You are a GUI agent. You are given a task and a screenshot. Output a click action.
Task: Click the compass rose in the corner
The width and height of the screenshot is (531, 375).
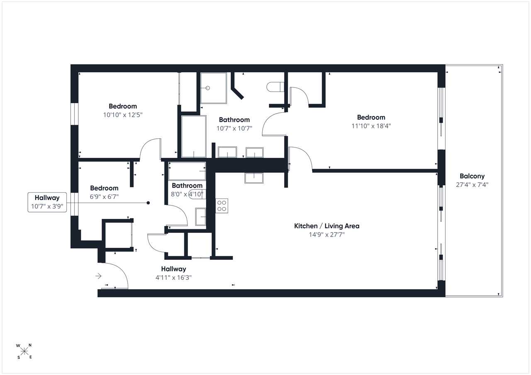pos(24,351)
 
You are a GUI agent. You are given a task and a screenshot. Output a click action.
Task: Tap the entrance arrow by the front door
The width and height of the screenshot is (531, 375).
pos(98,276)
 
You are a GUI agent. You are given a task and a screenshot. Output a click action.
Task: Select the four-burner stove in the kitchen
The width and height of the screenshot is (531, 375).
pos(222,206)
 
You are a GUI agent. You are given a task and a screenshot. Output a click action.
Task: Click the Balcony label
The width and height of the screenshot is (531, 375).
pos(472,176)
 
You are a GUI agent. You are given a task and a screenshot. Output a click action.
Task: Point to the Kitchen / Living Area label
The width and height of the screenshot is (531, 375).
pos(326,226)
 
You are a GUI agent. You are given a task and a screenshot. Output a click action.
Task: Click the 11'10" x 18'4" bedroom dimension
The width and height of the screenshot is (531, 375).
pos(371,126)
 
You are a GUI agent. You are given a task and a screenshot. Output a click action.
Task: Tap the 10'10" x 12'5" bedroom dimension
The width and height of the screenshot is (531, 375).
pos(123,115)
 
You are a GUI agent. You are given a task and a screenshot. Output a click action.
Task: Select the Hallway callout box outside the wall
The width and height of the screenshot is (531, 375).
pos(47,202)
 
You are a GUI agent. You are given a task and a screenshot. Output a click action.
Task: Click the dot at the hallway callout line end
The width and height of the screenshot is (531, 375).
pos(148,203)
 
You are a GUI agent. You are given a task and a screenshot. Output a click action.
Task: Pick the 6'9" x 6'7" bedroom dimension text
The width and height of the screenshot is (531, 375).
pos(104,197)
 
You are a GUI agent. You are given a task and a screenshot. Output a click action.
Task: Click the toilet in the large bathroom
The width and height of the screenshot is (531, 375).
pos(275,87)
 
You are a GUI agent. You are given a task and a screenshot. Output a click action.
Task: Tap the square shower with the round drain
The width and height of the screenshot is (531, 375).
pos(213,88)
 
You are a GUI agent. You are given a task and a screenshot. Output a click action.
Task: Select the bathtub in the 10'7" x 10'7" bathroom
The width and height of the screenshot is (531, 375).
pos(194,137)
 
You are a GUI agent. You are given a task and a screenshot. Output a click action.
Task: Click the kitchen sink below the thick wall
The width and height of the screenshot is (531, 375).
pos(254,178)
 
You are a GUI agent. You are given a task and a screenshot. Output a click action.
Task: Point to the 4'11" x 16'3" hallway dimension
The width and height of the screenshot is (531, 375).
pos(173,278)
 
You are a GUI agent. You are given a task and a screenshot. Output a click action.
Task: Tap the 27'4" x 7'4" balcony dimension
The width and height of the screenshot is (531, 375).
pos(472,185)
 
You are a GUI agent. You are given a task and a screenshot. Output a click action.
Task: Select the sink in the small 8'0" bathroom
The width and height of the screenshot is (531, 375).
pos(200,217)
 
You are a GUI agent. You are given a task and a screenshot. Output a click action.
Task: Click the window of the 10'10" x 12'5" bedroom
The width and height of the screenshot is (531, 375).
pos(74,114)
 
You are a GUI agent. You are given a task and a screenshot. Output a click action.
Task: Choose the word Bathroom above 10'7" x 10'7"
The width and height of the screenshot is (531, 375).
pos(234,120)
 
